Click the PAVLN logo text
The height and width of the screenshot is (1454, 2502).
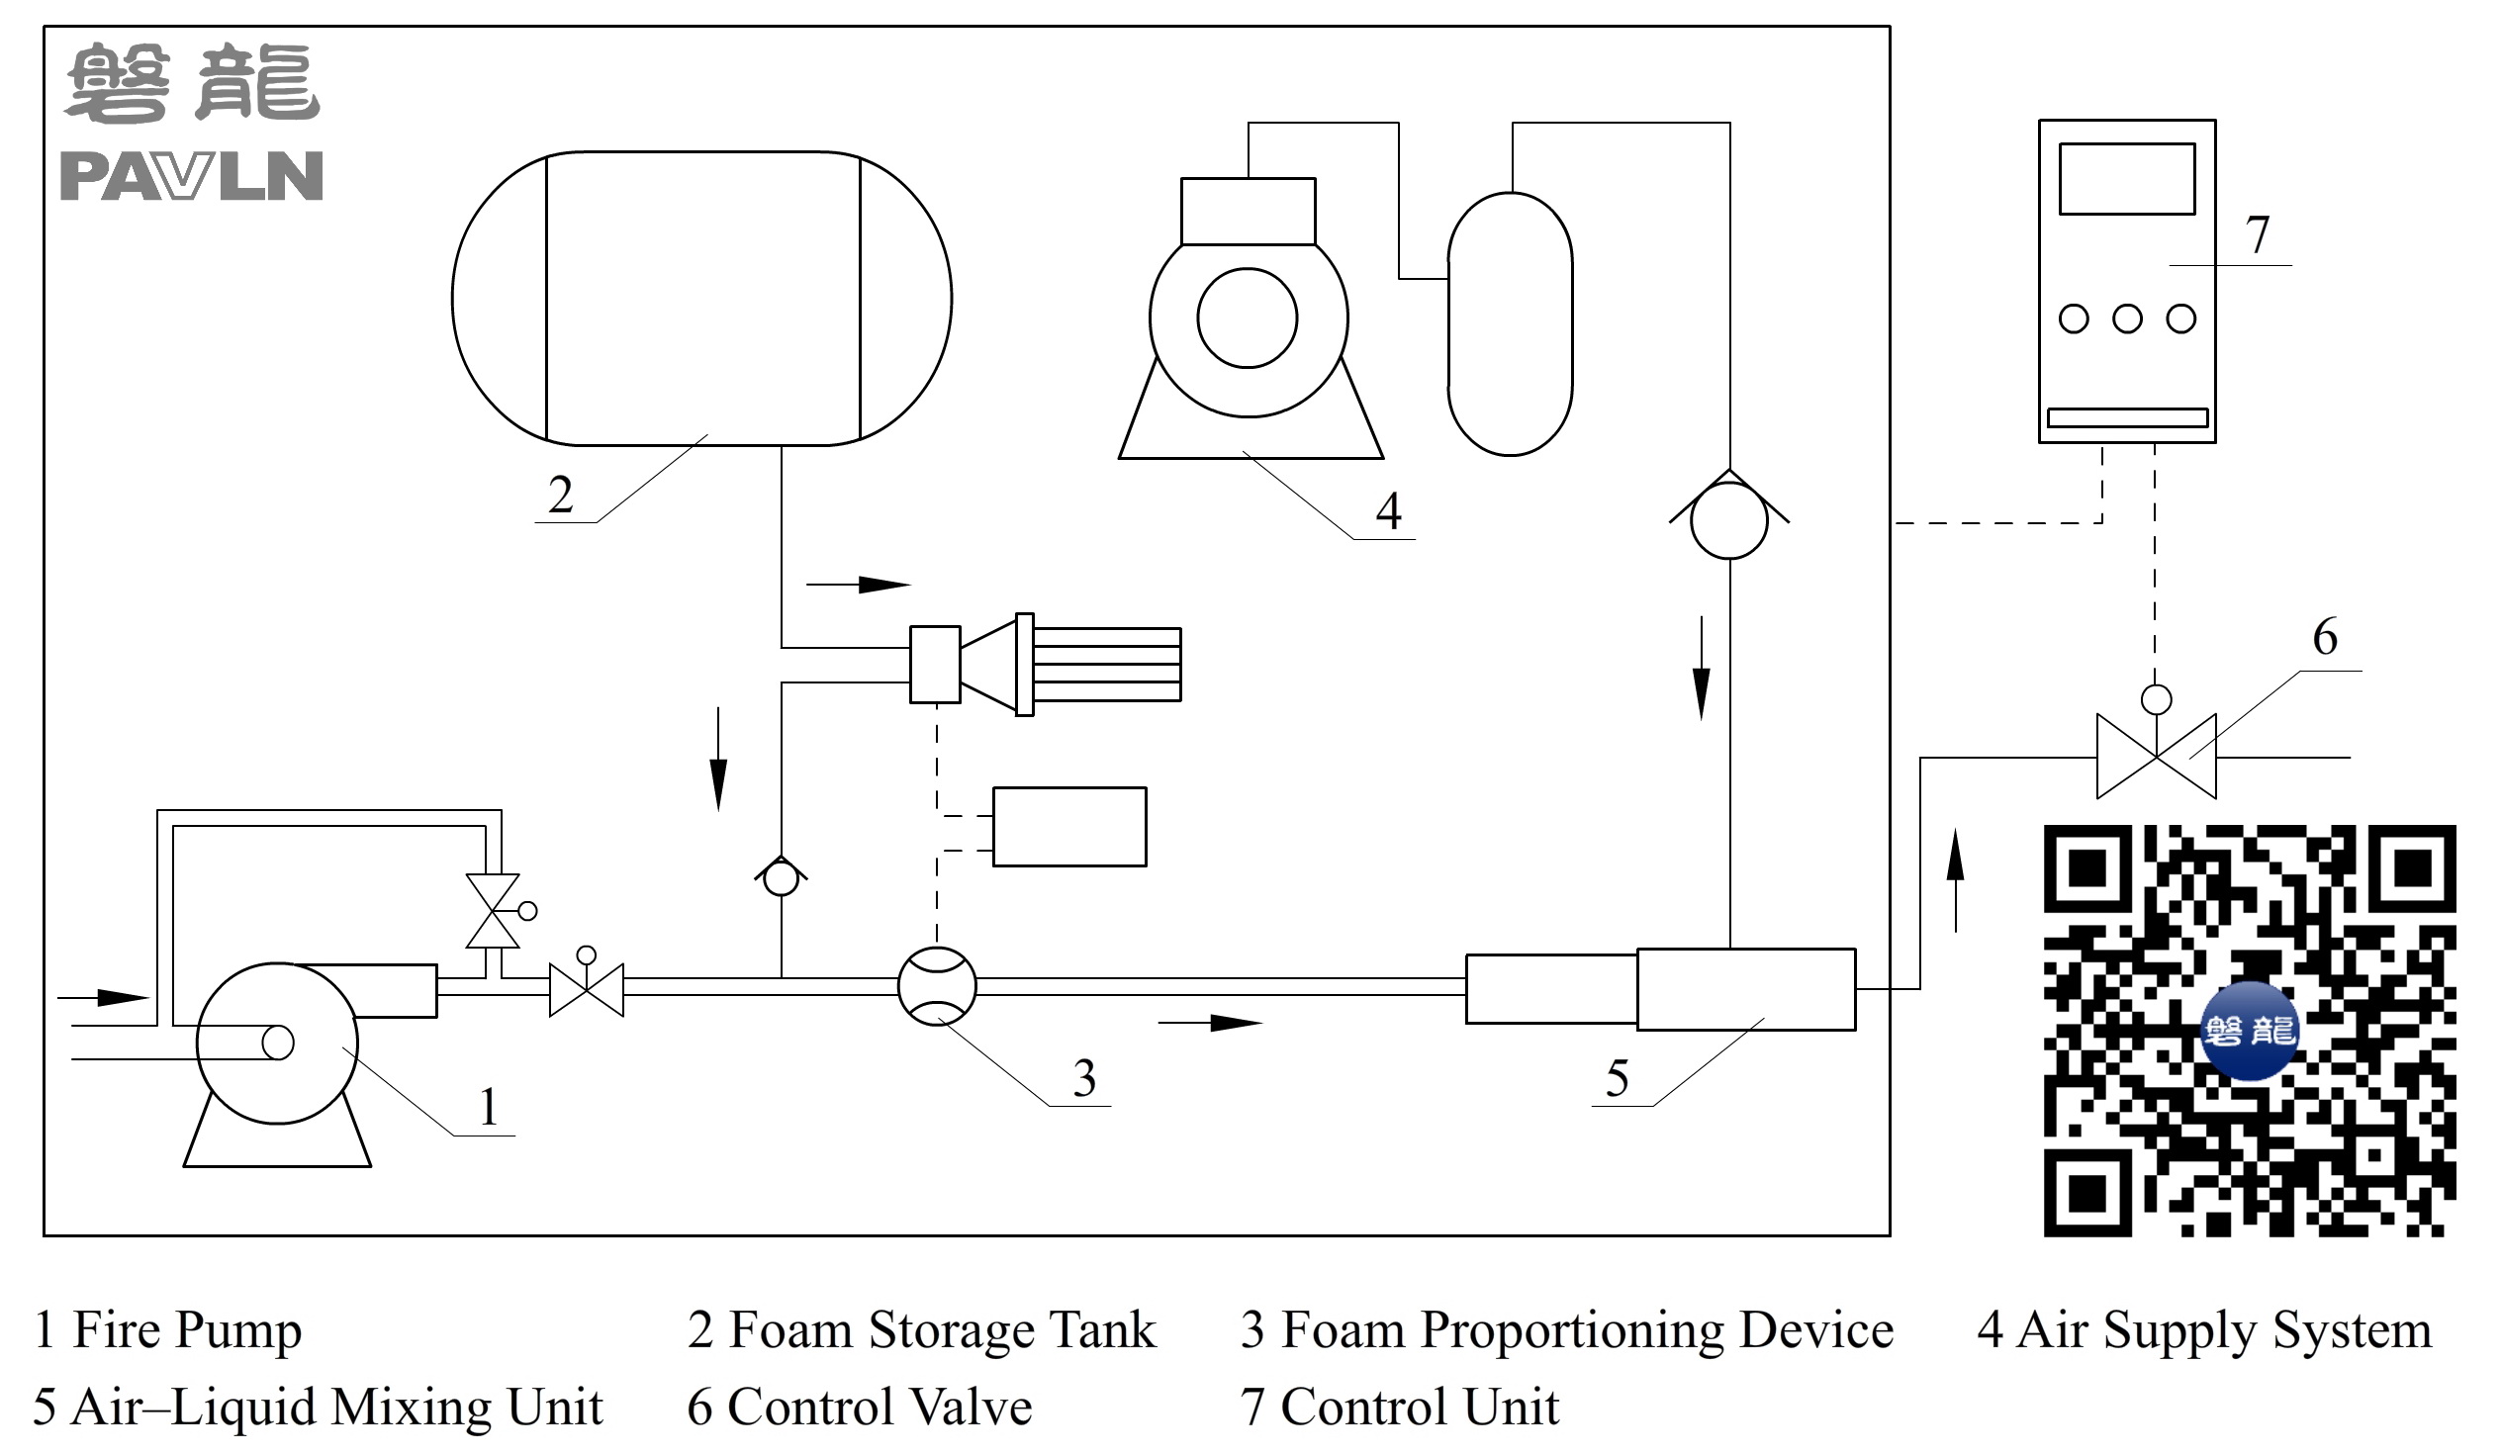[192, 177]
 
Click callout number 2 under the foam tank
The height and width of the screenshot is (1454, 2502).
[560, 495]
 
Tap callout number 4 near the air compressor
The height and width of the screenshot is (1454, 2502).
[1388, 511]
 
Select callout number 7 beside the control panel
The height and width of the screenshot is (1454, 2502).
[2257, 235]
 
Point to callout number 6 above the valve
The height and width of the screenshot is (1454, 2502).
[2324, 637]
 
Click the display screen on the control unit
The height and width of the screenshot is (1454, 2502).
[2126, 179]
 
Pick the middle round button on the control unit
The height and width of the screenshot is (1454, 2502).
[2127, 318]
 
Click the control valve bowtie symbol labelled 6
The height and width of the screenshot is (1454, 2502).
[2156, 757]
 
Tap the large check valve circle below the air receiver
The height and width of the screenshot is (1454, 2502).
[1728, 520]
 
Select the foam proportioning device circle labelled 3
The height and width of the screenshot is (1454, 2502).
[936, 985]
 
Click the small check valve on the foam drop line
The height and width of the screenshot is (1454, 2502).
[781, 878]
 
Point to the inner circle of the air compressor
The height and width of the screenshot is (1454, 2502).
[1247, 318]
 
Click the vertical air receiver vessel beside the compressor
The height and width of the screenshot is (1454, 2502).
[1509, 323]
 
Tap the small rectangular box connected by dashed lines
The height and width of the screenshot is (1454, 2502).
[1069, 827]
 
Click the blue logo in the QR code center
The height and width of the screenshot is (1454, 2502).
[2250, 1031]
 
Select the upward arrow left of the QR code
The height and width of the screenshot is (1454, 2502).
[1955, 880]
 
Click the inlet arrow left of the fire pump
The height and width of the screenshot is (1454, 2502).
[103, 996]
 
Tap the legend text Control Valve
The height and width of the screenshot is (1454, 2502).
[879, 1408]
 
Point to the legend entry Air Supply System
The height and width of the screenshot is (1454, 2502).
[2224, 1330]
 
